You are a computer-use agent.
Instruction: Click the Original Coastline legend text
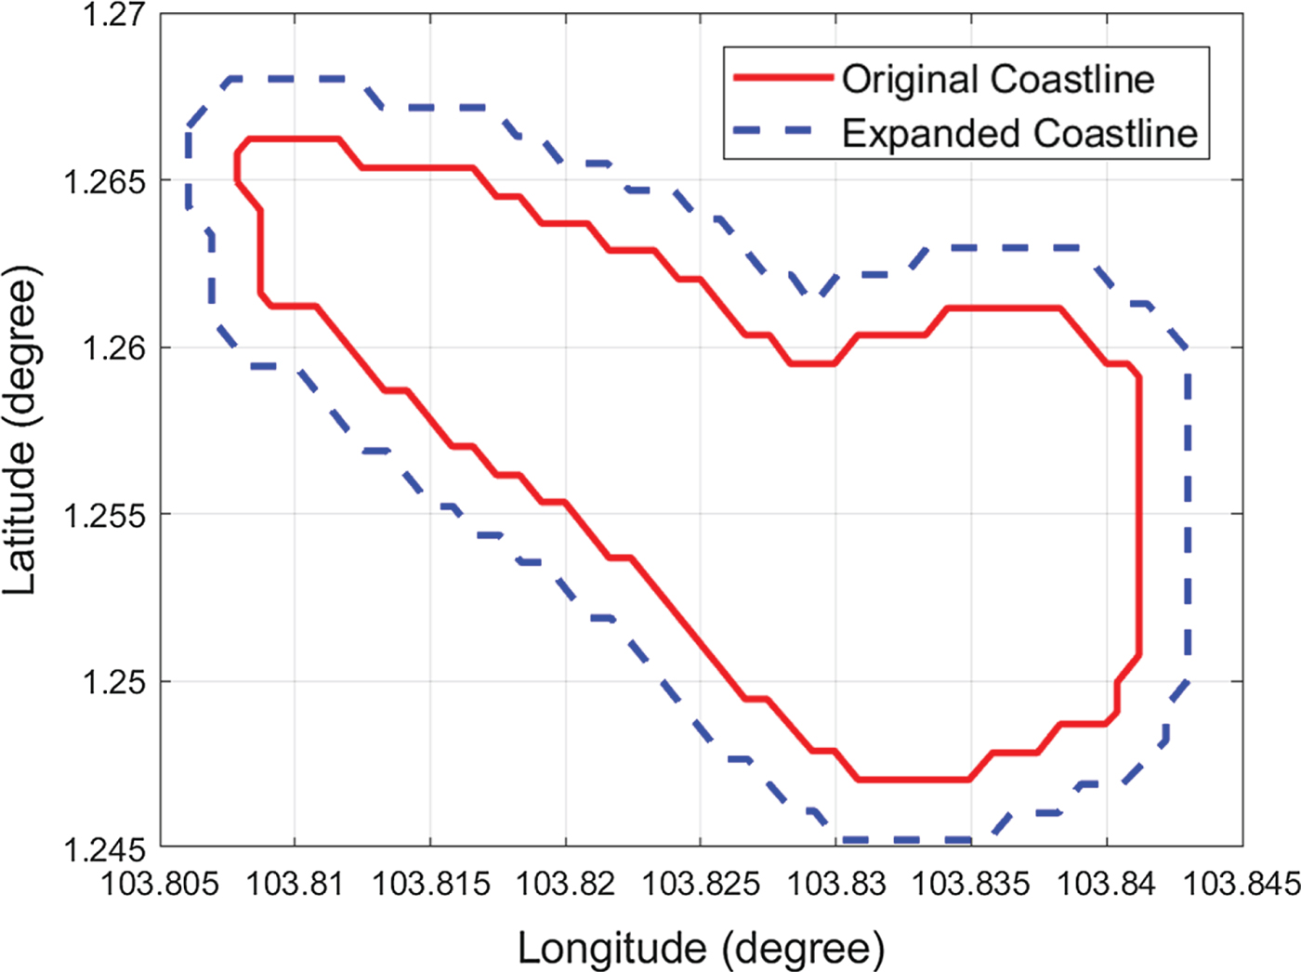point(997,79)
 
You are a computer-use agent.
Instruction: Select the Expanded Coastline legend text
point(1019,133)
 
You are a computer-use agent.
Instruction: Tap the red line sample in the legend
point(782,78)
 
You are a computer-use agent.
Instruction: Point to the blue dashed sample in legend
point(782,132)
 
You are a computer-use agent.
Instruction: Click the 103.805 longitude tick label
point(160,883)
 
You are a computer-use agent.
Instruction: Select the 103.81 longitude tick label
point(295,883)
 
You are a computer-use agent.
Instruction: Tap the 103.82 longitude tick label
point(565,883)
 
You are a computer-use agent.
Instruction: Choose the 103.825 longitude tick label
point(701,883)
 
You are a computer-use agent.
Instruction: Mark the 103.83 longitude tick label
point(836,883)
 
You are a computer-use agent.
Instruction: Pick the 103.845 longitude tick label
point(1241,883)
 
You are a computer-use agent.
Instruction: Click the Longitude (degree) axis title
point(701,948)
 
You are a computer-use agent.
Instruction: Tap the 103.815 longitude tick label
point(430,883)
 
